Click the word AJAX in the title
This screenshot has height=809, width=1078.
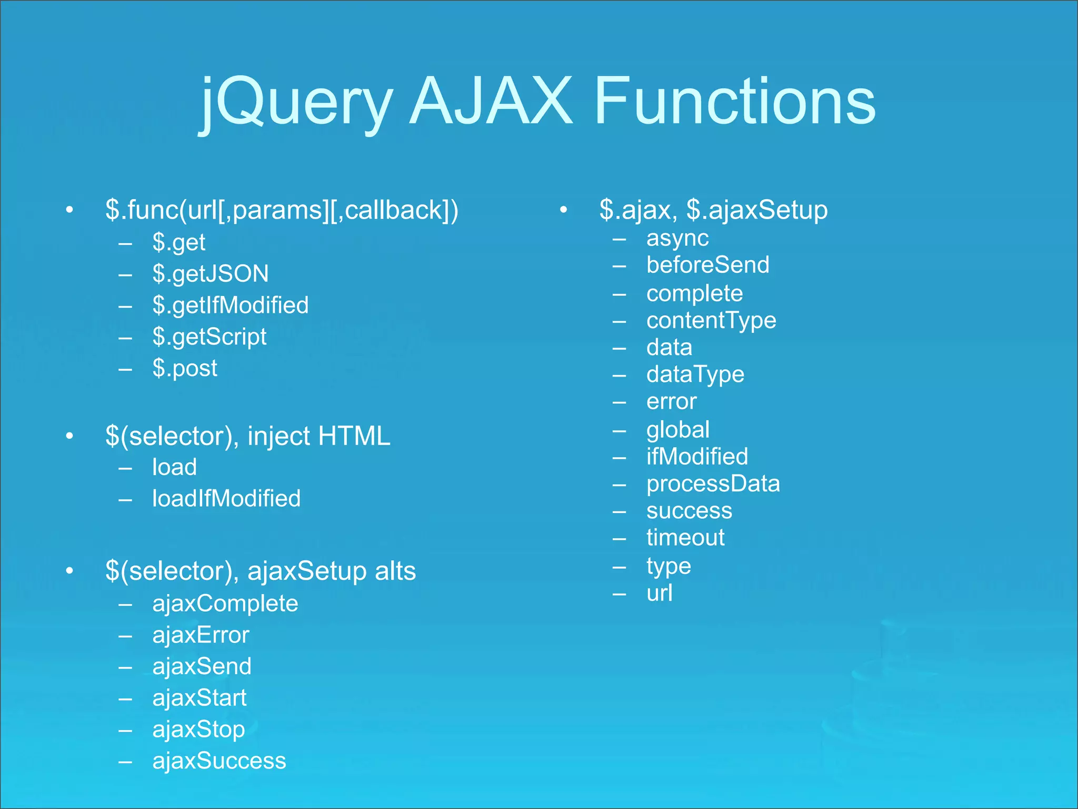491,101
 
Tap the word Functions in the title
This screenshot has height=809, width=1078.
735,101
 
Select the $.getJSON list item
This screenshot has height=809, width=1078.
211,274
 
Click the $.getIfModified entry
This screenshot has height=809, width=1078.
231,305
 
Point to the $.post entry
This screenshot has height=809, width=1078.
185,368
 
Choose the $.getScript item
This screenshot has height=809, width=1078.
209,337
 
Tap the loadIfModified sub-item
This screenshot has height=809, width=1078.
226,498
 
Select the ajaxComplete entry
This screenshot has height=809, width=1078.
225,604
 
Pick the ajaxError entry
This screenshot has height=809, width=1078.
201,635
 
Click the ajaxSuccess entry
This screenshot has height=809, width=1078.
219,761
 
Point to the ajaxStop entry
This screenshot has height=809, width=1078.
198,730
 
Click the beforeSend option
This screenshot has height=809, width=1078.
707,265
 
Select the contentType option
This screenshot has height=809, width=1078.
711,320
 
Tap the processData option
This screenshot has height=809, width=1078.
713,484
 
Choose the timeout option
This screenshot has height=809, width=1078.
685,538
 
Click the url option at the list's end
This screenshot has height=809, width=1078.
660,594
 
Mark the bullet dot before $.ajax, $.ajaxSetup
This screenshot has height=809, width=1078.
563,210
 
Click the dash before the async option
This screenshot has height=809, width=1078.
620,239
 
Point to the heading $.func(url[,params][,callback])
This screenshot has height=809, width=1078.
282,210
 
